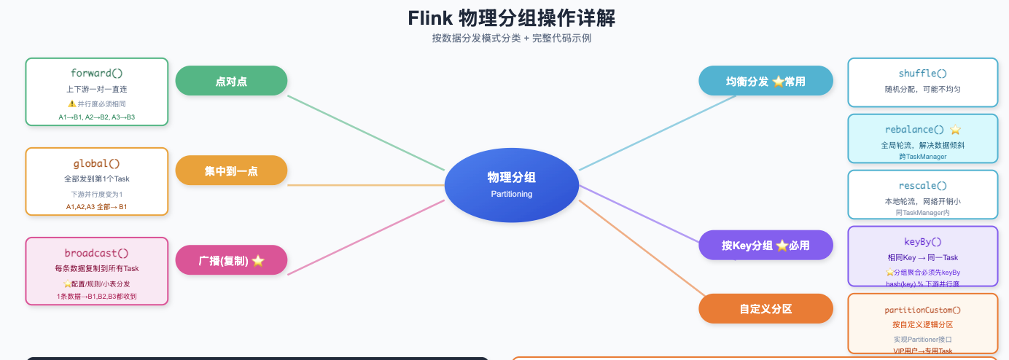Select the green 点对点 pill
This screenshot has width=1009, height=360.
(231, 81)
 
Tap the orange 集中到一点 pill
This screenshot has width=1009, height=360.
(231, 171)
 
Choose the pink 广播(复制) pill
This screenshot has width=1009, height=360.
(231, 260)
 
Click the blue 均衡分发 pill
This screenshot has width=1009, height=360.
(765, 81)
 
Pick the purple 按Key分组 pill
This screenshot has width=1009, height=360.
(765, 245)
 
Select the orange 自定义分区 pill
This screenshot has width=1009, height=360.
(765, 308)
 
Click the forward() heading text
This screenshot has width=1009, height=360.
(97, 73)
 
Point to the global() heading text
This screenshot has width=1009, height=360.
(97, 163)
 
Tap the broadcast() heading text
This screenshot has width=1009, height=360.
(97, 253)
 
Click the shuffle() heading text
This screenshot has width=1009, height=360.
(922, 74)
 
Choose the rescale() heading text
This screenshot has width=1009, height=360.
(922, 186)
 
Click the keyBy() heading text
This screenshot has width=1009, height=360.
(922, 241)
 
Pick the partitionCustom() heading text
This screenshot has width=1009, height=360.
(922, 310)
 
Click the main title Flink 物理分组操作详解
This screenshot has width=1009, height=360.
(511, 17)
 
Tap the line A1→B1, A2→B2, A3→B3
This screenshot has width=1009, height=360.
(97, 117)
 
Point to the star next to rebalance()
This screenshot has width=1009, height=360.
(955, 129)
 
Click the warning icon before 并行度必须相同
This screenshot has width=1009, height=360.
(71, 103)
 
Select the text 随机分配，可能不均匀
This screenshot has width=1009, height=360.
(922, 89)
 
